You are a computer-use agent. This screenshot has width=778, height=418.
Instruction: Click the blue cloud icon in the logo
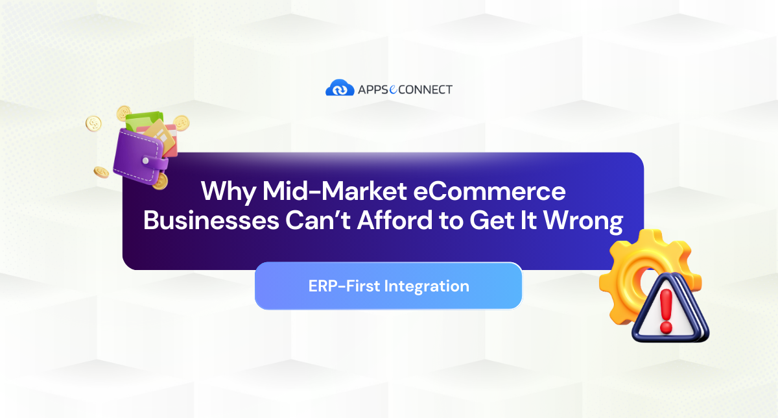point(339,88)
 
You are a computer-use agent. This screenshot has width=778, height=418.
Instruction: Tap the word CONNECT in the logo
point(425,89)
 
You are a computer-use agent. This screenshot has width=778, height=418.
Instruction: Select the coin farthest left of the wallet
point(95,123)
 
